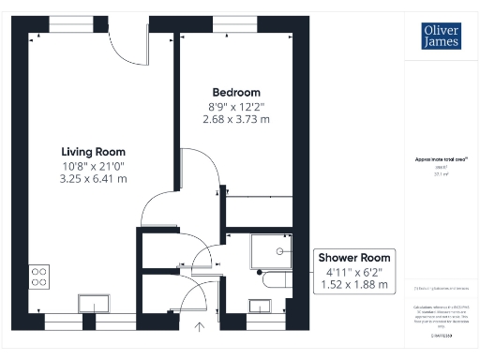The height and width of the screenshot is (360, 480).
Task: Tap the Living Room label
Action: click(x=93, y=151)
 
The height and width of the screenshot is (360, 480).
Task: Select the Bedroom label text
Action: click(x=236, y=92)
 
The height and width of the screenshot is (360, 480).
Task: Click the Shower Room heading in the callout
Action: click(x=355, y=258)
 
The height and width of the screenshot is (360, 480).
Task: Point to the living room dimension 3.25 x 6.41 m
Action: click(x=93, y=178)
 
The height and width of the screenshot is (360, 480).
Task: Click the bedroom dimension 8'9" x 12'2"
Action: click(x=237, y=106)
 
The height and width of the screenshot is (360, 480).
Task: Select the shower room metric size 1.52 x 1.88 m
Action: click(x=355, y=284)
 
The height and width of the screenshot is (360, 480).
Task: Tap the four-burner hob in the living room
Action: click(x=39, y=276)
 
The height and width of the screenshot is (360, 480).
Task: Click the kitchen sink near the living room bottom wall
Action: click(x=95, y=302)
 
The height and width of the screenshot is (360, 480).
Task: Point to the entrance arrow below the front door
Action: click(x=199, y=326)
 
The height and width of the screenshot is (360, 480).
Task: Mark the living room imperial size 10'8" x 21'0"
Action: click(x=93, y=165)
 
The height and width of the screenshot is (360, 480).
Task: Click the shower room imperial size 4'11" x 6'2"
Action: click(x=355, y=271)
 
